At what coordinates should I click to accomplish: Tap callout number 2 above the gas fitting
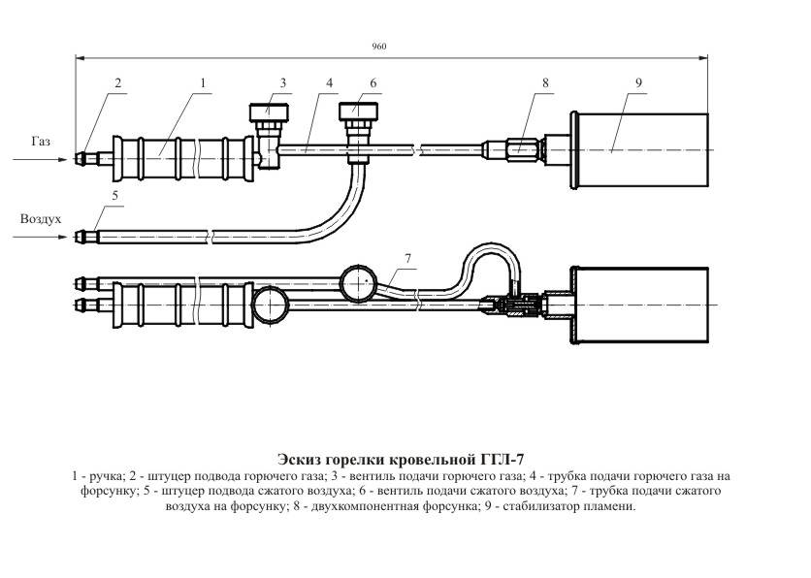(x=117, y=83)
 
